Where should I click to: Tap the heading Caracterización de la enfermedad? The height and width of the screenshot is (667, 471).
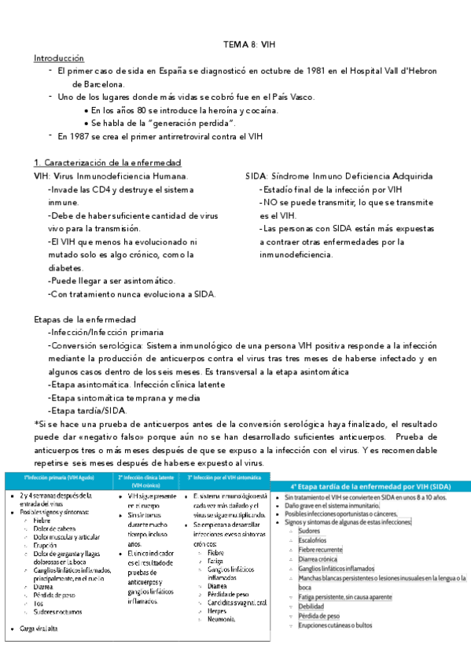coord(112,162)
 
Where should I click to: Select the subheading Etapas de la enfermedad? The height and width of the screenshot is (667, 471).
coord(84,320)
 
